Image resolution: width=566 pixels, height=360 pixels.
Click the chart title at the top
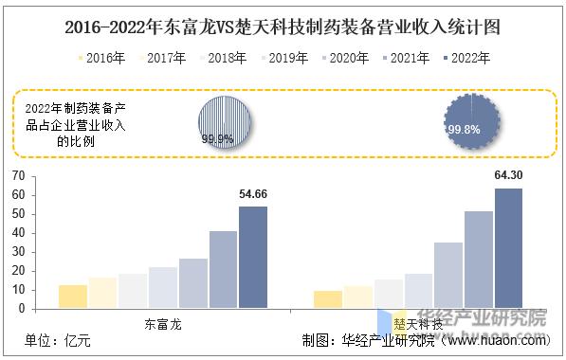[x=283, y=27]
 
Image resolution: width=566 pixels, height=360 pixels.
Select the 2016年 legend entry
[x=100, y=59]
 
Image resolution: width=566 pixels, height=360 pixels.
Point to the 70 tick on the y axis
[x=18, y=175]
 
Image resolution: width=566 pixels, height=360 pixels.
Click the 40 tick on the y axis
[x=18, y=232]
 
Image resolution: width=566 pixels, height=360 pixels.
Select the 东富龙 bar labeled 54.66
[x=252, y=257]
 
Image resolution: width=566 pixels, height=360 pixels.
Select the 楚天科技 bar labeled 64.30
[x=508, y=248]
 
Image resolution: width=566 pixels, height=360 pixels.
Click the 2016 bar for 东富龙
[x=73, y=297]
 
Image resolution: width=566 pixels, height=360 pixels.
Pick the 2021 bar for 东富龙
[x=223, y=269]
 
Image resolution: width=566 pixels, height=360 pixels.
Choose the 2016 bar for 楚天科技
[x=328, y=299]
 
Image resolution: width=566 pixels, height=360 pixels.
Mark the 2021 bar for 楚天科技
[x=478, y=260]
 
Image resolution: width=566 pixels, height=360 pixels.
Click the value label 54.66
[x=253, y=194]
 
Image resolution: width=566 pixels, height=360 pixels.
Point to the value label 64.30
[x=509, y=175]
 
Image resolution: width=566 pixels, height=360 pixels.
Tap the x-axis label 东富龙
[x=162, y=323]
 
